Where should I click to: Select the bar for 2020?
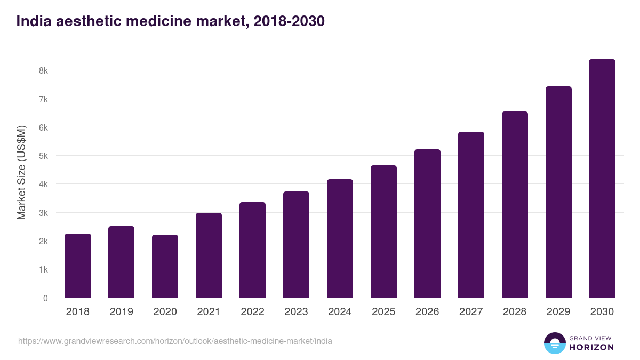coord(165,266)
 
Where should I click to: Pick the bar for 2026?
coord(427,223)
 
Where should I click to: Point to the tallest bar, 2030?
coord(602,178)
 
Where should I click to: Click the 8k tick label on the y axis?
coord(43,71)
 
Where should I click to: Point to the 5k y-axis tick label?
coord(43,156)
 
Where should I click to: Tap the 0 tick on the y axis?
coord(45,298)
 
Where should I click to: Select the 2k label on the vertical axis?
coord(43,241)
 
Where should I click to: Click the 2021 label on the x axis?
coord(209,312)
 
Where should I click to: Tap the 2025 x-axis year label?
coord(383,312)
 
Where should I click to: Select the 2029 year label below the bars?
coord(558,312)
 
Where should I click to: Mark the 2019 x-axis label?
coord(121,312)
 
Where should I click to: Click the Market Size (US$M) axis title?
coord(22,173)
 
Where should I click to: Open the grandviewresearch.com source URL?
coord(175,341)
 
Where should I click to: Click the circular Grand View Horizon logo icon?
coord(554,343)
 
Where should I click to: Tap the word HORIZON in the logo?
coord(591,347)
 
